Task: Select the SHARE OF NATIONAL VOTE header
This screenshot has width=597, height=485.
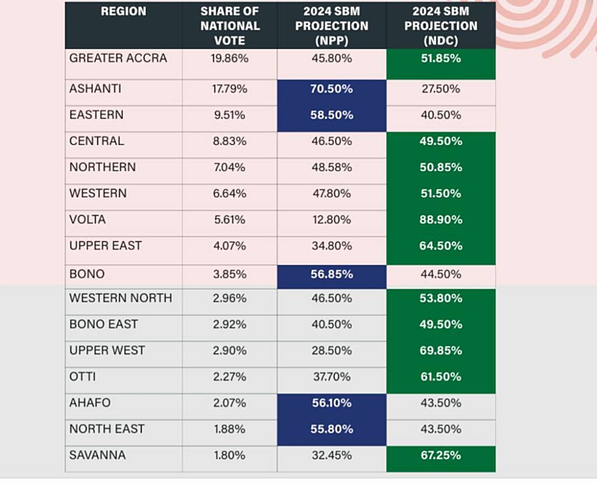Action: (x=230, y=26)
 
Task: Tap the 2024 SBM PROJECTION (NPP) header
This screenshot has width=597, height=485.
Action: (x=331, y=26)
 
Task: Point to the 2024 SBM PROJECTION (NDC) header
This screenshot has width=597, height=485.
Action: (x=441, y=26)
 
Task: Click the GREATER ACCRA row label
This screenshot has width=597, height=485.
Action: (x=118, y=58)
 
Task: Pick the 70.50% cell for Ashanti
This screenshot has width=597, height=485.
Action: (x=331, y=89)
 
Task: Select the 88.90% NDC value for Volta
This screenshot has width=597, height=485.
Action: (x=441, y=220)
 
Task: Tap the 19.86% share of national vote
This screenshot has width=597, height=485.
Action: (x=230, y=58)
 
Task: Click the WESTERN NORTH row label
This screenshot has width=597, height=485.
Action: (x=121, y=298)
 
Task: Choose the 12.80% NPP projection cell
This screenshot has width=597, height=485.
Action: (x=331, y=220)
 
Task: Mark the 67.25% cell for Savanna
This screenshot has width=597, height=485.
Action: (x=441, y=455)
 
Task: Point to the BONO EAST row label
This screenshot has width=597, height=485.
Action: (x=104, y=324)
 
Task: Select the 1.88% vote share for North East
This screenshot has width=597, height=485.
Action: (x=230, y=429)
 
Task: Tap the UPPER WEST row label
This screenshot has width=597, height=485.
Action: (x=107, y=350)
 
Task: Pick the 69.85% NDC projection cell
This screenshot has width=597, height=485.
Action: (x=441, y=350)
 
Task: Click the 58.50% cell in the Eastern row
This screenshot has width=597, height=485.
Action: (x=331, y=115)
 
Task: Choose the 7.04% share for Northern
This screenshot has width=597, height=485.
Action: (x=230, y=167)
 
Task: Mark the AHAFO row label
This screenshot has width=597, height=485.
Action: (x=90, y=403)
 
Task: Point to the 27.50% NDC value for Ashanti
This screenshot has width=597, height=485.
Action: (x=441, y=89)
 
